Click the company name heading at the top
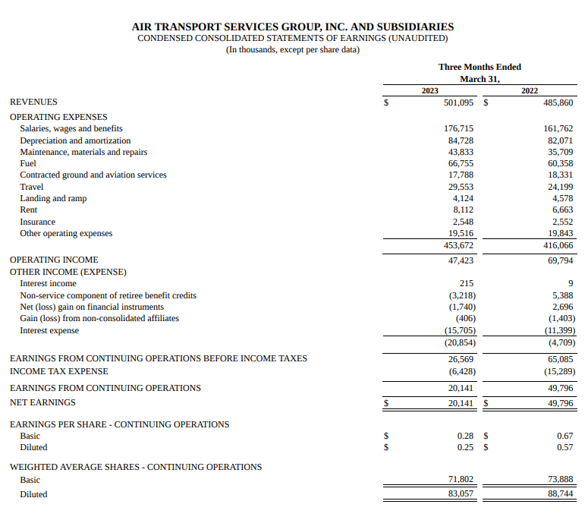click(293, 27)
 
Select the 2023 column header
click(430, 90)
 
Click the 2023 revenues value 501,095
click(458, 102)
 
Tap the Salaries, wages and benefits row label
click(71, 128)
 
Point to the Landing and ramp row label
click(53, 198)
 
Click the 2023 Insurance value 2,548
click(463, 222)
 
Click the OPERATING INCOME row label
click(54, 260)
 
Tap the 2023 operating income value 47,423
click(461, 260)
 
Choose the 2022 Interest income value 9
click(571, 283)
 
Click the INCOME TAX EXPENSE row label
click(58, 371)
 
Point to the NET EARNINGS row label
click(42, 402)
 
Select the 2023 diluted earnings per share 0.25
click(466, 447)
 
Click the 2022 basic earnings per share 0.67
click(564, 436)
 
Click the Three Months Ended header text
click(480, 67)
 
